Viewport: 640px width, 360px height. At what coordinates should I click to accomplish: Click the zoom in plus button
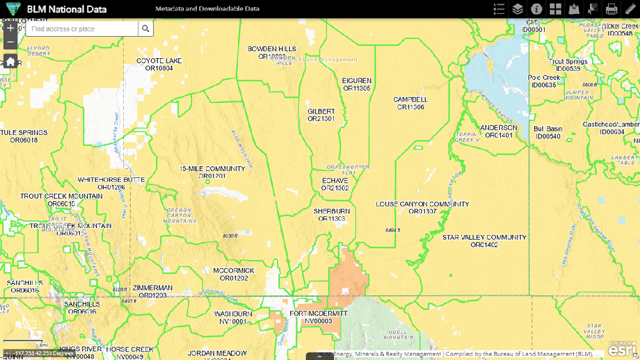point(10,28)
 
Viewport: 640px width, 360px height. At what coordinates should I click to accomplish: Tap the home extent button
point(10,62)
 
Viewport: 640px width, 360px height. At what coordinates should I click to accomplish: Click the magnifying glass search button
point(145,28)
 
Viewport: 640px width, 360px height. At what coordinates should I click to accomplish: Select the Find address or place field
point(81,28)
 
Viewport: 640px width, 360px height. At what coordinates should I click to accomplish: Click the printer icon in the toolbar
point(611,9)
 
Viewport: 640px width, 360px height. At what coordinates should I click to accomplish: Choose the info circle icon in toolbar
point(536,9)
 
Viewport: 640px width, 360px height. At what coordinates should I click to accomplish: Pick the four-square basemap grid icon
point(555,9)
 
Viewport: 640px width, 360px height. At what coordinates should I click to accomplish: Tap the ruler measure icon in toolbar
point(630,9)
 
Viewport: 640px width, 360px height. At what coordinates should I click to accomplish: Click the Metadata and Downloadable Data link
point(207,9)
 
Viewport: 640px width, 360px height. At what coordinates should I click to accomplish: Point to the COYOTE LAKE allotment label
point(159,64)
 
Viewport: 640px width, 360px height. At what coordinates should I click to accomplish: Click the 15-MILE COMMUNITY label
point(212,172)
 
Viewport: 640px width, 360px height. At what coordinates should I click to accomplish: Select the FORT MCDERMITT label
point(318,317)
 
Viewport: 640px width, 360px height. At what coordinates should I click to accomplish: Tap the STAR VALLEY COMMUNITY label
point(484,241)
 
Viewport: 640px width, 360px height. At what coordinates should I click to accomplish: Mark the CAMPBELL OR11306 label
point(410,103)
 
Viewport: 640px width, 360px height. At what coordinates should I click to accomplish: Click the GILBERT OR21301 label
point(321,115)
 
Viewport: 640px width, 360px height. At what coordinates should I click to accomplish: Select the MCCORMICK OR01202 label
point(233,274)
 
